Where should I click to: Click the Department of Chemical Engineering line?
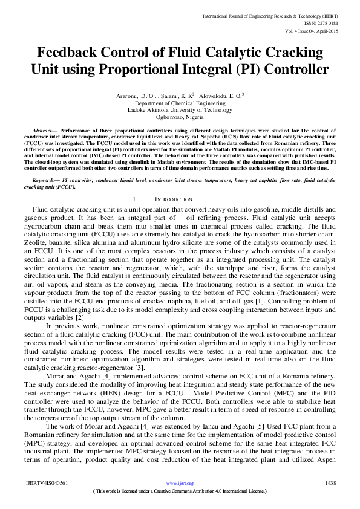tap(180, 103)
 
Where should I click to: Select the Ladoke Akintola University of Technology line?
tap(180, 110)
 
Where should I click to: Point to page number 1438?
tap(330, 484)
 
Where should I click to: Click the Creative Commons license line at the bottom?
tap(180, 491)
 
